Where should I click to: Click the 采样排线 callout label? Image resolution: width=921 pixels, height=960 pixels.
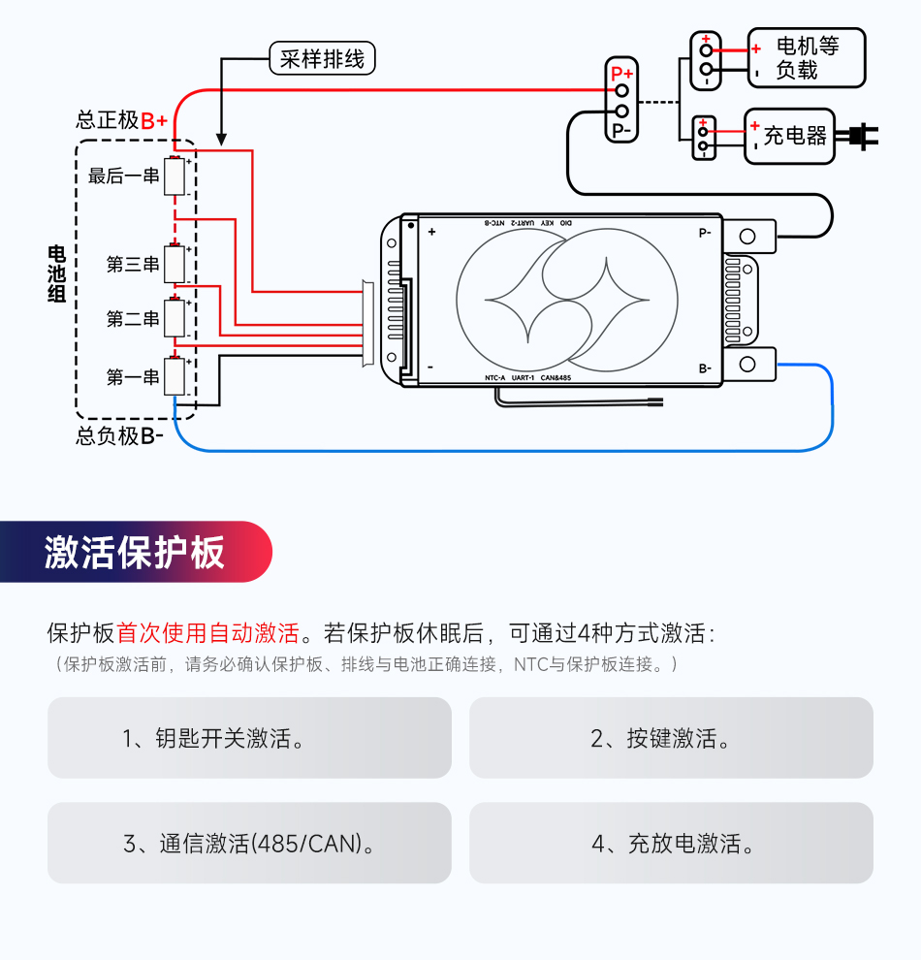321,59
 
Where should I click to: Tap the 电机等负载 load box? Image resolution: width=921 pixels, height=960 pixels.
806,58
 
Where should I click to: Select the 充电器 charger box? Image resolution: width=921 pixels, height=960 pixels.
789,136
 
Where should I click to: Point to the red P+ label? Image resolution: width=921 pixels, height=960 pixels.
621,73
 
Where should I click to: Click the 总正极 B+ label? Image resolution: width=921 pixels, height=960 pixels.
122,120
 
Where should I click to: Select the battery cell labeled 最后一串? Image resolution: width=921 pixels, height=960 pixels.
175,176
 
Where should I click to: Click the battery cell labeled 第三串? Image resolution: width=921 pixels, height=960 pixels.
175,264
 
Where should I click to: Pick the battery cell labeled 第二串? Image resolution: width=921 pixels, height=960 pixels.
175,318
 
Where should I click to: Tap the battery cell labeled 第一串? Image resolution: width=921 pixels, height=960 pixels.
175,376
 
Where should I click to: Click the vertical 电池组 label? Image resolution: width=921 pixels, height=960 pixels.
57,273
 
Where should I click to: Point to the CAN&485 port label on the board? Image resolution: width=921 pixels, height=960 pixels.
560,377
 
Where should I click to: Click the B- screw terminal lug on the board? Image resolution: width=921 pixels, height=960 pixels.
748,365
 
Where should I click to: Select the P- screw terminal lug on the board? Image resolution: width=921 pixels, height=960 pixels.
748,236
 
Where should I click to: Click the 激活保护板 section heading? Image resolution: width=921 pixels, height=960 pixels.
135,552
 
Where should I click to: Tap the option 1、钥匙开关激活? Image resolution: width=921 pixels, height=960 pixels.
249,738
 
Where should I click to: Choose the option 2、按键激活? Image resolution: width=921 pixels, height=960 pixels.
671,738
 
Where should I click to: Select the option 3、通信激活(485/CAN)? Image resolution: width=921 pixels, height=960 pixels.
249,843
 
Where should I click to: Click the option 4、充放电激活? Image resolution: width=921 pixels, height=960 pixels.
671,843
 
